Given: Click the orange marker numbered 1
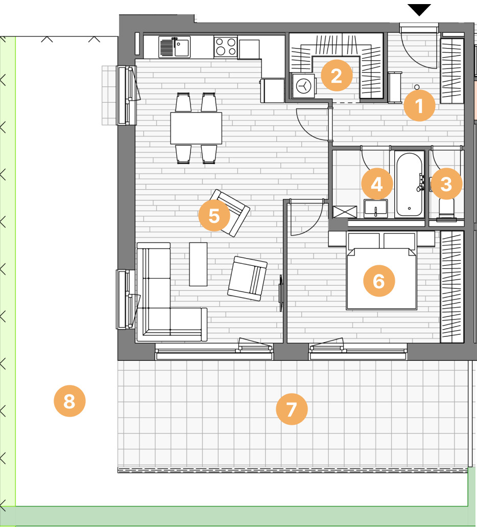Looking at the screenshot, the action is coord(419,105).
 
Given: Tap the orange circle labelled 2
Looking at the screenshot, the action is coord(337,76).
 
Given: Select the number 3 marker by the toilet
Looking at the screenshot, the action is coord(446,184).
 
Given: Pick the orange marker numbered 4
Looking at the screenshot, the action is coord(377,184).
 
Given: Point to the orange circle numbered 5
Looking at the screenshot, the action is coord(214,215).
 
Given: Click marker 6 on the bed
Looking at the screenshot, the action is coord(379,281).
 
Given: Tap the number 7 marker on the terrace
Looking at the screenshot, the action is coord(292,409).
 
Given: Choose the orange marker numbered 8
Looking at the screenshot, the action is coord(69,401).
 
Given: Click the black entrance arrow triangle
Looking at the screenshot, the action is coord(419,9).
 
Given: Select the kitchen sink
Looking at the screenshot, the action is coord(174,47).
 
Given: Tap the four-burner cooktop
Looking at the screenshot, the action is coord(225,47).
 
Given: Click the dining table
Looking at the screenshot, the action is coord(196,128).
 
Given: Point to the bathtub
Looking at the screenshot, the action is coord(409,185).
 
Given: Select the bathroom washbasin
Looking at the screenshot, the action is coord(375,209).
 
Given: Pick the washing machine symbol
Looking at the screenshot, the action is coord(304,86).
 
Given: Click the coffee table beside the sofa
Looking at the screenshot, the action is coord(198,264).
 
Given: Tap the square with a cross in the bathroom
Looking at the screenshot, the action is coord(345,212).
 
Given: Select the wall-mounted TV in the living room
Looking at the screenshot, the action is coord(281,293).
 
